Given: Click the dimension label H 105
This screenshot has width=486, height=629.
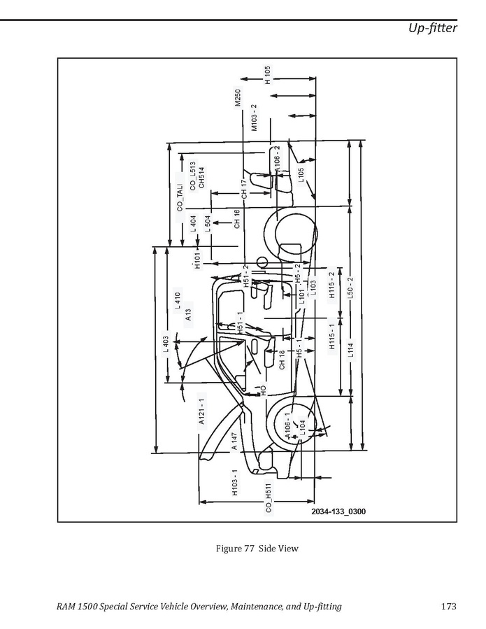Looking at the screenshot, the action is click(x=267, y=75).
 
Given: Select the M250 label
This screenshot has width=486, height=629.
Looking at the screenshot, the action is click(x=237, y=98).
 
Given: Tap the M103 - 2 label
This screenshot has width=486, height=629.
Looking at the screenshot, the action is click(x=255, y=118).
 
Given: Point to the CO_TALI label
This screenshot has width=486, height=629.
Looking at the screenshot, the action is click(x=180, y=198).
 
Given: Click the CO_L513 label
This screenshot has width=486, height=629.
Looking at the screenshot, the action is click(x=193, y=176).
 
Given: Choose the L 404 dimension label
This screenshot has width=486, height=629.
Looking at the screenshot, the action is click(x=193, y=224).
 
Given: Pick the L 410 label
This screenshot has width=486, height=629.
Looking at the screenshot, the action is click(x=178, y=300).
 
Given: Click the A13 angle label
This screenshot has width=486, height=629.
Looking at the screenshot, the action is click(x=189, y=315).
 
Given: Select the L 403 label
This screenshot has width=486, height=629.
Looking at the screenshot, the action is click(x=166, y=344).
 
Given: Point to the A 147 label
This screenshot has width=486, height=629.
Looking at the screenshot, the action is click(x=234, y=441).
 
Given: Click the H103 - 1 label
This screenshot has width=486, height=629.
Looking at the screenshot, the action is click(x=235, y=483).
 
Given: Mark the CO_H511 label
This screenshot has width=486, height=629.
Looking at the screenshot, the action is click(x=269, y=498).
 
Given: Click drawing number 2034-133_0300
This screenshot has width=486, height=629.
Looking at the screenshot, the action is click(x=339, y=511).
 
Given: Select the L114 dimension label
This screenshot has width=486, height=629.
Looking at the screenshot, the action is click(x=351, y=348).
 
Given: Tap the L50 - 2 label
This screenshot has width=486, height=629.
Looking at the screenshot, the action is click(x=350, y=288).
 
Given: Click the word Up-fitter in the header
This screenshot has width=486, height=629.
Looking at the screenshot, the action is click(x=433, y=28).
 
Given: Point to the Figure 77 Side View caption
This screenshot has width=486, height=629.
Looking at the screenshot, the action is click(x=257, y=549).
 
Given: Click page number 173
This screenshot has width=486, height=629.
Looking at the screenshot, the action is click(x=449, y=606).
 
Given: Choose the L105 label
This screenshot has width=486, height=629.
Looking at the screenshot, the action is click(x=301, y=174).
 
